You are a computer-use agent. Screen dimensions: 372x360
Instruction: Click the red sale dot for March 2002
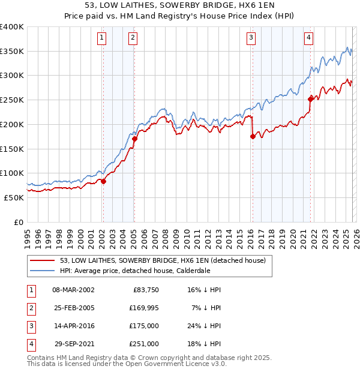(x=103, y=181)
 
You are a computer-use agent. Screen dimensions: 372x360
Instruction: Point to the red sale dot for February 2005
(x=134, y=139)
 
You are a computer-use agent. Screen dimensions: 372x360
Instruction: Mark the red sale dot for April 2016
(x=253, y=137)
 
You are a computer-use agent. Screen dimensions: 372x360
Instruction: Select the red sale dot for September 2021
(x=310, y=99)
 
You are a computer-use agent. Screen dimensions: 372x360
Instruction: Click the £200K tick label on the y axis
(x=12, y=124)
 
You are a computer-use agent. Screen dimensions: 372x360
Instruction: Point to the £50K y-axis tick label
(x=14, y=197)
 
